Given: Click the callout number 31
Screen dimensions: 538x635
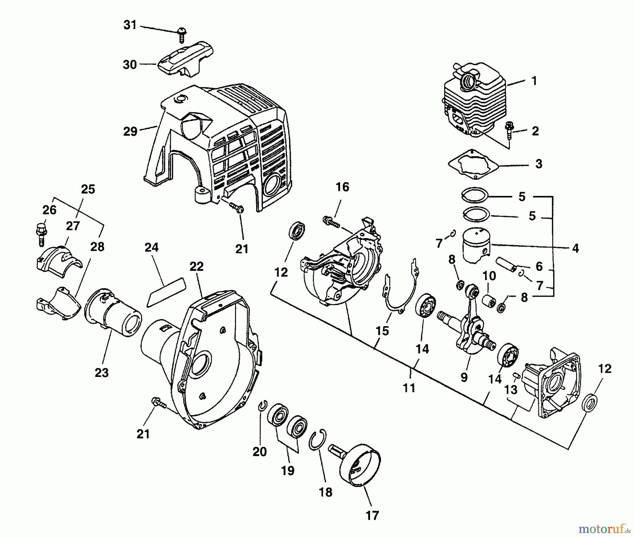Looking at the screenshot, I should point(130,25).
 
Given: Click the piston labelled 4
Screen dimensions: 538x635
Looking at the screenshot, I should point(475,245).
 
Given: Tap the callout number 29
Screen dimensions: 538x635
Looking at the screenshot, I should point(130,131).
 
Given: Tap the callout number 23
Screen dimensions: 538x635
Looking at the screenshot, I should point(102,372).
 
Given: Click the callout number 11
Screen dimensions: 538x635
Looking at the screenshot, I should point(409,388).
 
